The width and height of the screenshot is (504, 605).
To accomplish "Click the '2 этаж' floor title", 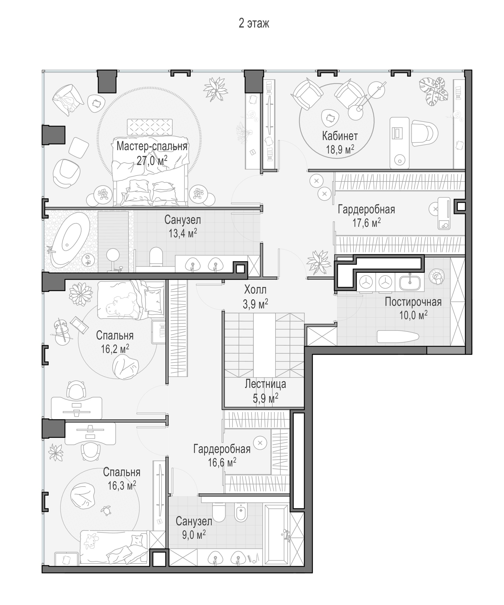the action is coord(254,23).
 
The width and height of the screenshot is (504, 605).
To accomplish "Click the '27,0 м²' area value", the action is coord(152,160).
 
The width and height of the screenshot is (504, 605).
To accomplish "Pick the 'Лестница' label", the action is coord(265,384).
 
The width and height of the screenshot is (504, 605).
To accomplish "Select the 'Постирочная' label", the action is coord(413,302).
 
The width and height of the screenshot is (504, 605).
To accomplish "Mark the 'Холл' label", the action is coord(255,289).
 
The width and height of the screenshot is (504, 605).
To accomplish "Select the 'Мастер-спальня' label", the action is coord(152,146).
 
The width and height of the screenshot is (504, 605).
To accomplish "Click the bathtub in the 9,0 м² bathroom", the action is coord(277,534).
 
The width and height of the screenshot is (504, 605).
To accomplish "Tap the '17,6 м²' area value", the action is coord(366,223).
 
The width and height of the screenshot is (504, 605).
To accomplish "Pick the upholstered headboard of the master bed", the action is coord(150,127).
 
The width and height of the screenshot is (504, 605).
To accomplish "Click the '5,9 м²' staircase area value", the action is coord(265,399).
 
